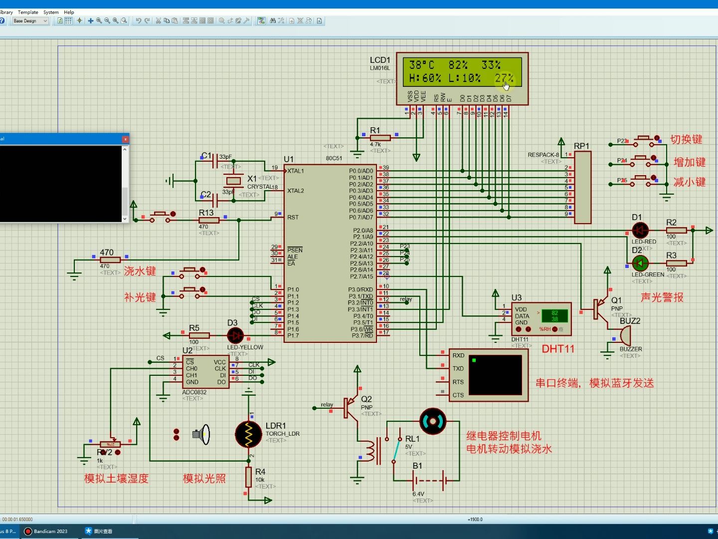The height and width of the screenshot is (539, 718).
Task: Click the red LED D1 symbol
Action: coord(640,230)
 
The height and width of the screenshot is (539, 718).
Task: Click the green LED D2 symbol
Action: coord(640,263)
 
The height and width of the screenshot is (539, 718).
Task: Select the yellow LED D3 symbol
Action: coord(235,335)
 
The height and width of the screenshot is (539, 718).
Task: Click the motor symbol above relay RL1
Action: coord(432,422)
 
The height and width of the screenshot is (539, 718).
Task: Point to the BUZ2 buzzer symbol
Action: coord(624,336)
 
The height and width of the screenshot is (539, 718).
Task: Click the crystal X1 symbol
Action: coord(233,181)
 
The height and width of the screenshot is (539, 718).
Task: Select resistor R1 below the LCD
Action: coord(380,138)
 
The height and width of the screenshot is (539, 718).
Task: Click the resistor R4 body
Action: coord(248,477)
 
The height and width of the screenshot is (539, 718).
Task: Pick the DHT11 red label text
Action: coord(558,349)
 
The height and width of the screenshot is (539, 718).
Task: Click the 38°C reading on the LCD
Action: coord(421,65)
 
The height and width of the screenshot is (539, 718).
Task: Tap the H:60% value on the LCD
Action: coord(425,78)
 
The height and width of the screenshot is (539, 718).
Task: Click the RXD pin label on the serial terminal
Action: coord(458,355)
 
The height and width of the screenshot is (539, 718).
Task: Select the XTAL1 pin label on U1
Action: coord(295,171)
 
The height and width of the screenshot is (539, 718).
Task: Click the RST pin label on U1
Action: coord(293,217)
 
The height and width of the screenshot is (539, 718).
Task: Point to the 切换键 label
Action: coord(686,140)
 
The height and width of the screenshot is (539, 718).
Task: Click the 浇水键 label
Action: coord(140,271)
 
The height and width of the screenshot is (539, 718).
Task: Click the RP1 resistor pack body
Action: coord(582,187)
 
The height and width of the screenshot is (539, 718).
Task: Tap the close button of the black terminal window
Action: coord(125,139)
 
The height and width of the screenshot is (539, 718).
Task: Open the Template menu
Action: coord(28,12)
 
